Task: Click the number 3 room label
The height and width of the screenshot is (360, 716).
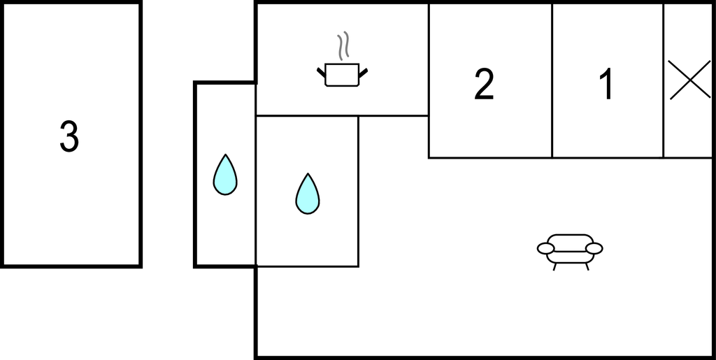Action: pos(69,136)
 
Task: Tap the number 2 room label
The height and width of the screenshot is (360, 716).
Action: pos(484,85)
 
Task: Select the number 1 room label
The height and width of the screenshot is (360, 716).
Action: pos(606,85)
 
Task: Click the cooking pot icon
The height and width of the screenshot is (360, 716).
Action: pos(342,74)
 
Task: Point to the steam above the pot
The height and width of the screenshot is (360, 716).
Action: pos(342,46)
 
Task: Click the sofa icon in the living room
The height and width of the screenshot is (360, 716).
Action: pos(570,250)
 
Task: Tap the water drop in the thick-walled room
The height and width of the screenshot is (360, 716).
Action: pos(225,175)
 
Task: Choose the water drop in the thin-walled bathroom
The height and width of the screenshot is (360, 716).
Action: pos(308,194)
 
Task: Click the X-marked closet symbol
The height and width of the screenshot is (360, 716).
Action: pos(689,80)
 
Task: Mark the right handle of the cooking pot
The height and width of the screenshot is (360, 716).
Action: pos(363,71)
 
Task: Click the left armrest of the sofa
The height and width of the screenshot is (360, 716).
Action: pos(545,248)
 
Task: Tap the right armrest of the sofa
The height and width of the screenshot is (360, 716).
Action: pos(594,248)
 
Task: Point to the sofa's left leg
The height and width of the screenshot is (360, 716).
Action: pos(555,266)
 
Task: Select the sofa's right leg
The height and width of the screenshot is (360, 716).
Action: pos(587,266)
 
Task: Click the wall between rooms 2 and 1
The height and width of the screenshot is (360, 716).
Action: pos(552,80)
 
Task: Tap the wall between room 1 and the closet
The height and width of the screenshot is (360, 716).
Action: pos(663,80)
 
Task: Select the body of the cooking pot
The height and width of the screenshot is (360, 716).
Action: pos(342,75)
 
